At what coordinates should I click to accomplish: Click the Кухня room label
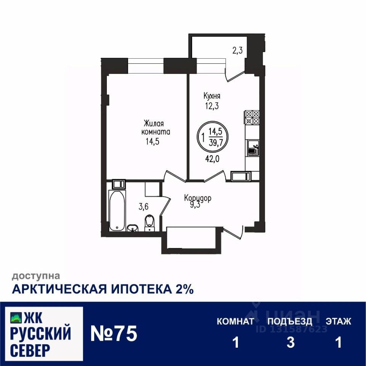212,96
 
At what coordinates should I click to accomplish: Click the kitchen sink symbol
252,148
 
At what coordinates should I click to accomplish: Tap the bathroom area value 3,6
143,207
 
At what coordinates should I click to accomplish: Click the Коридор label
197,198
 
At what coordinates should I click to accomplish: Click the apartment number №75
113,334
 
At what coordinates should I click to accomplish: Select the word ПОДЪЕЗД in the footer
290,321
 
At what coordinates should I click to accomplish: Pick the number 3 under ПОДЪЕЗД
291,342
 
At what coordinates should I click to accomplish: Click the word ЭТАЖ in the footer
338,321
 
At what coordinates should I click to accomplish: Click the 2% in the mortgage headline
184,289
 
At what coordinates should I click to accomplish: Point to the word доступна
35,275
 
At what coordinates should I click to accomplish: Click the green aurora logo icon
16,316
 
